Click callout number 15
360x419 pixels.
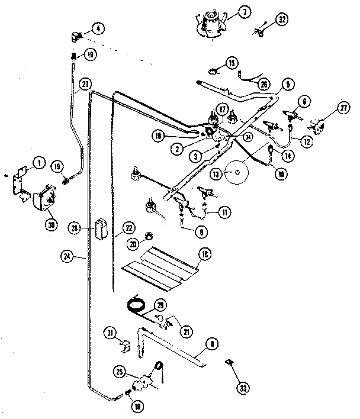230,63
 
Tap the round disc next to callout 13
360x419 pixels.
238,172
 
